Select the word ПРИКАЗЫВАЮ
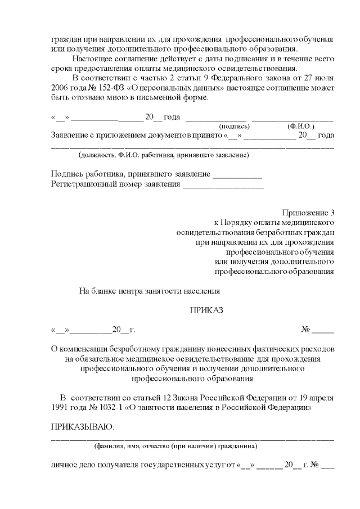pos(82,427)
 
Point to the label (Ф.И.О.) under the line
pos(300,127)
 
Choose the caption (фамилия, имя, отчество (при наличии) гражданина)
pos(175,446)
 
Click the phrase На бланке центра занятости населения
pos(148,291)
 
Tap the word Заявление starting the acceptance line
pos(71,136)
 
